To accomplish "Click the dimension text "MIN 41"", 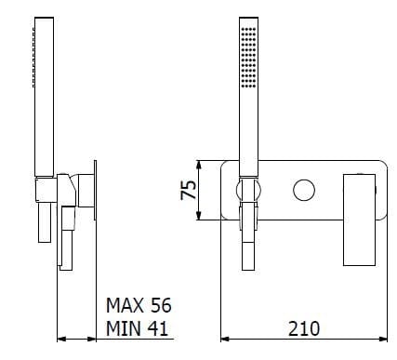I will (138, 327).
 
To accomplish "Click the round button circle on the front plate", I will (304, 192).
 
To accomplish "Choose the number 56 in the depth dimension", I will (160, 305).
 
